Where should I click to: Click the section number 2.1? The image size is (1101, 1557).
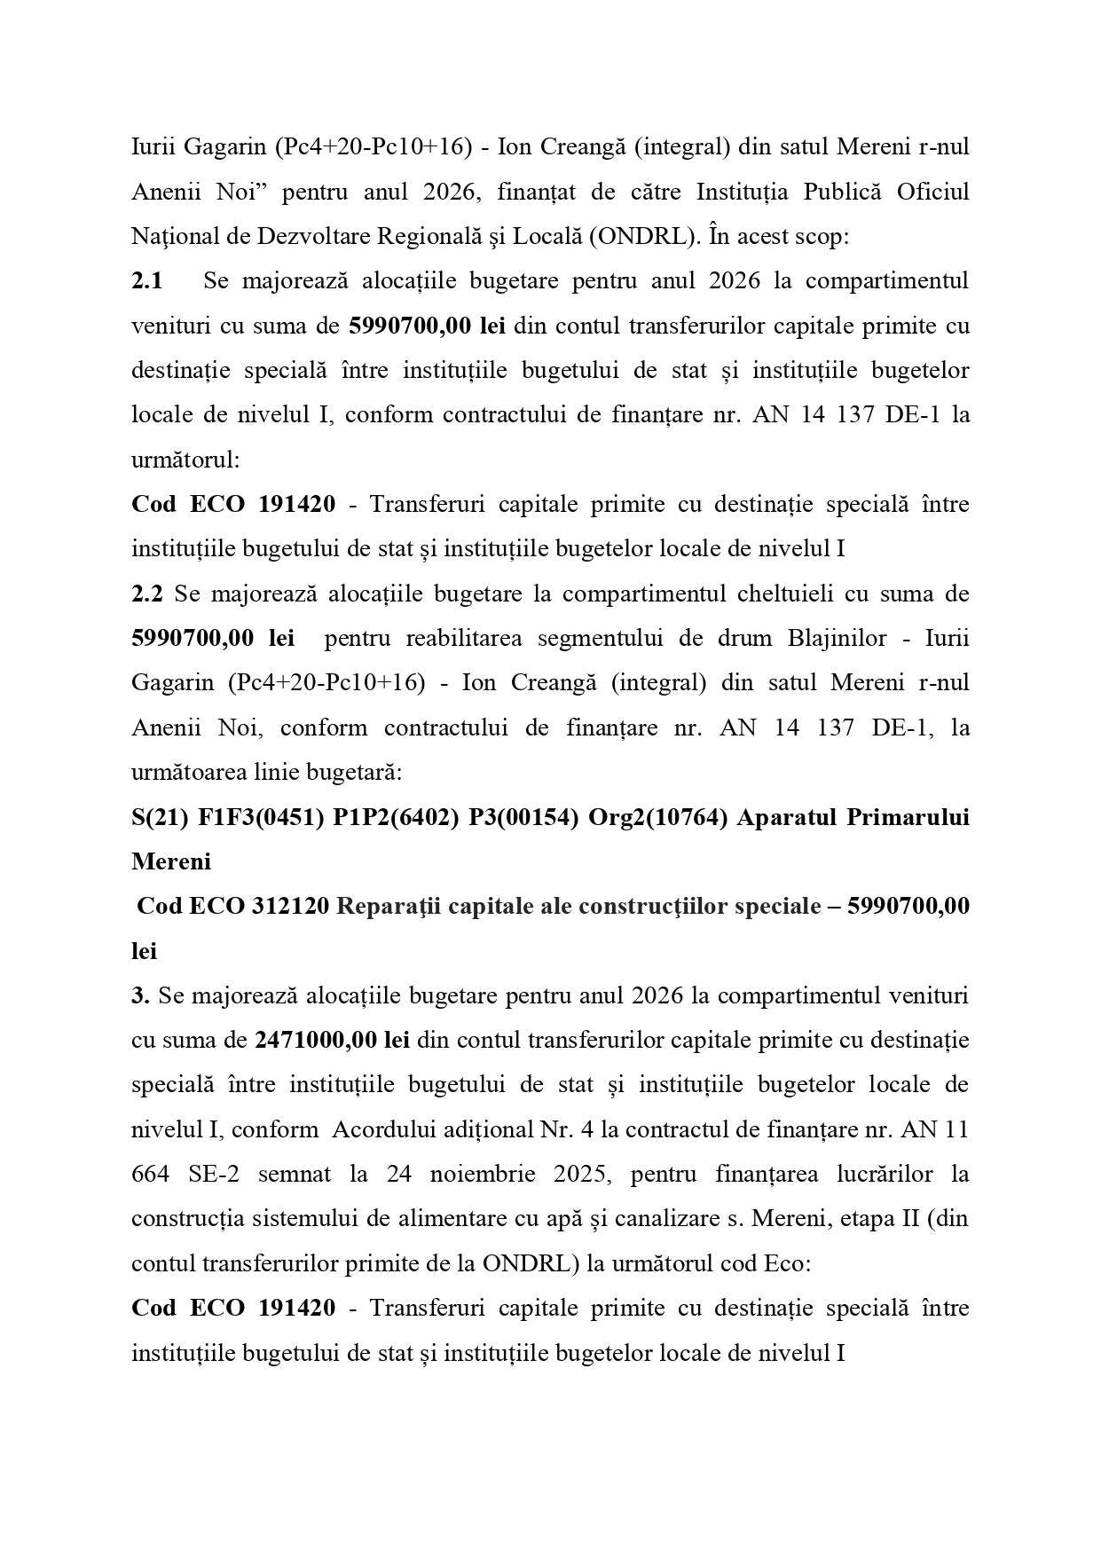pos(147,281)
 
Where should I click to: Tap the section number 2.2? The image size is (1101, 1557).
pos(147,594)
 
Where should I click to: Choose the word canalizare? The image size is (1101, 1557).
pos(648,1218)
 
